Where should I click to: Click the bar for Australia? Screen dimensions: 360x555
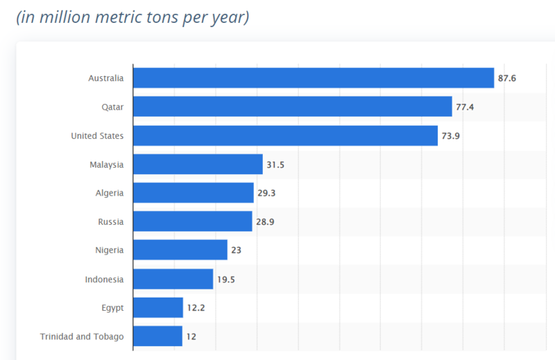pyautogui.click(x=313, y=78)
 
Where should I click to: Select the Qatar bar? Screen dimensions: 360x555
pyautogui.click(x=292, y=107)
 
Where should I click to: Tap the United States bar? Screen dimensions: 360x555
pyautogui.click(x=285, y=135)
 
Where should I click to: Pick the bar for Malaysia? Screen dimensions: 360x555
pyautogui.click(x=198, y=164)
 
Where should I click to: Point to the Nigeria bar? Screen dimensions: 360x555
pyautogui.click(x=180, y=250)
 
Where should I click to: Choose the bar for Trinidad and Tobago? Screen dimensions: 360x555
pyautogui.click(x=157, y=336)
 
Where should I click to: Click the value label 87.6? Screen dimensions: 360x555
pyautogui.click(x=507, y=78)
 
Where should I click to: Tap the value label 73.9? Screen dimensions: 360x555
pyautogui.click(x=451, y=136)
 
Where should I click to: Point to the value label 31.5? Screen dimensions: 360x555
pyautogui.click(x=275, y=164)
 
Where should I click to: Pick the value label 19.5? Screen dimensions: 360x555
pyautogui.click(x=226, y=280)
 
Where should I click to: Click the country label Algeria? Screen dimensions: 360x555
pyautogui.click(x=110, y=193)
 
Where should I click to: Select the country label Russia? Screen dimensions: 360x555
pyautogui.click(x=111, y=222)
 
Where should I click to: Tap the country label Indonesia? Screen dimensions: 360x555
pyautogui.click(x=105, y=280)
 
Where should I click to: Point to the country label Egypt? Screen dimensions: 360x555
pyautogui.click(x=112, y=308)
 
